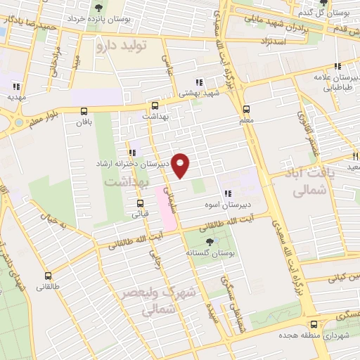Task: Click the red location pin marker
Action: point(181,165)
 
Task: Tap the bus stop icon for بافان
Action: point(84,111)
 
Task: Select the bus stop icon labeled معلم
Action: point(246,110)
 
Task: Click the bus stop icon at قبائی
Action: point(140,204)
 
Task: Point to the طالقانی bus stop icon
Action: point(48,276)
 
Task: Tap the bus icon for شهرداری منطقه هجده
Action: point(314,324)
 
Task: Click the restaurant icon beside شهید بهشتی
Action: point(200,81)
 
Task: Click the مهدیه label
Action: point(15,97)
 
